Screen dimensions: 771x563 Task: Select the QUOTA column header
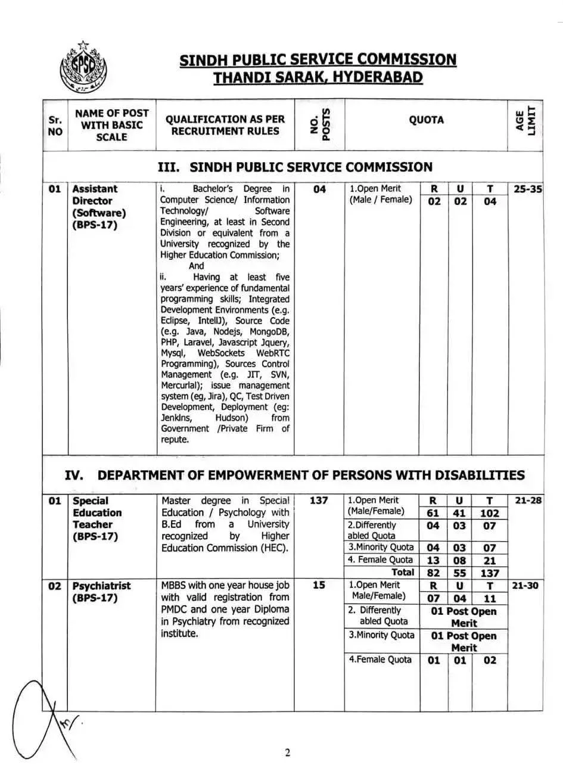tap(426, 120)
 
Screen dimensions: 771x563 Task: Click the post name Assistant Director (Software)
tap(99, 207)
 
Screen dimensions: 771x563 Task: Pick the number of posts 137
tap(319, 500)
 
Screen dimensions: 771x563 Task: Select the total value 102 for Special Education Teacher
tap(490, 513)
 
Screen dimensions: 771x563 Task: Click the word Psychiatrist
tap(101, 586)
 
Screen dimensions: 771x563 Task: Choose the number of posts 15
tap(319, 585)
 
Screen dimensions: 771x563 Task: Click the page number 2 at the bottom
tap(287, 753)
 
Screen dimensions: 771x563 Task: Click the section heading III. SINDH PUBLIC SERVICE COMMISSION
tap(295, 167)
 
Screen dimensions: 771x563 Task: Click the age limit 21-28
tap(528, 500)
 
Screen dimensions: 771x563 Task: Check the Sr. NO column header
tap(55, 125)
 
